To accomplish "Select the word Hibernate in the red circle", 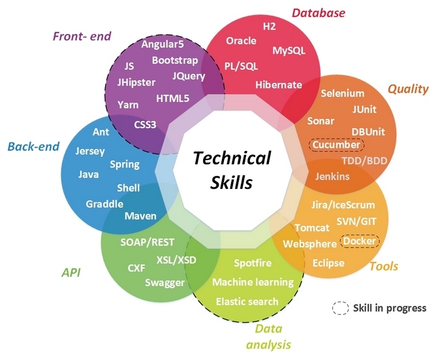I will (x=279, y=85).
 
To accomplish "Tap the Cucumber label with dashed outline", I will (x=336, y=144).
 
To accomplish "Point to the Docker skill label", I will (x=360, y=241).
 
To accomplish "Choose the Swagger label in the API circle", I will (x=164, y=282).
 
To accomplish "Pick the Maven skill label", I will (x=140, y=216).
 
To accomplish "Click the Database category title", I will (x=318, y=12).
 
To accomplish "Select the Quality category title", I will (x=408, y=89).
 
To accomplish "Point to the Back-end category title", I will (x=31, y=146).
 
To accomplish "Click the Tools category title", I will (x=384, y=266).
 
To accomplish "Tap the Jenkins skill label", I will (x=332, y=176).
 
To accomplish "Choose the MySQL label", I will (x=288, y=50).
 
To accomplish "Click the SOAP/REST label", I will (x=148, y=242).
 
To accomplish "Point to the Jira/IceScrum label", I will (x=343, y=205).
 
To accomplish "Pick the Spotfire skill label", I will (x=253, y=263).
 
